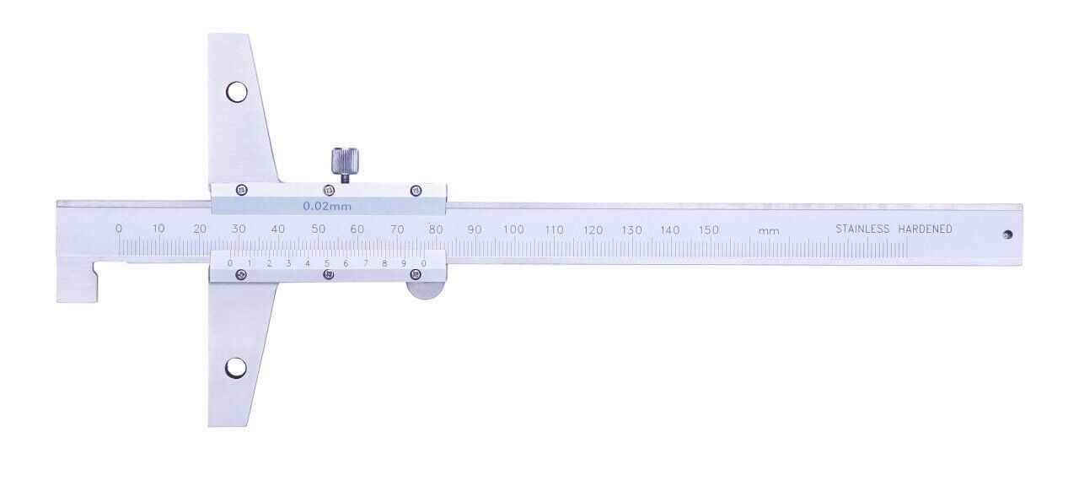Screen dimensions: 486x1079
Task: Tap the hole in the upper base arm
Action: [x=237, y=92]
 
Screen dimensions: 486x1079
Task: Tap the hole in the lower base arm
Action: [x=236, y=368]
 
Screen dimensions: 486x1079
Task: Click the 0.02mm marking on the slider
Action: [x=328, y=206]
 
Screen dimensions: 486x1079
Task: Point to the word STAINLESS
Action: [x=862, y=229]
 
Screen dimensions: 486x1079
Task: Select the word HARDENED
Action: [x=925, y=229]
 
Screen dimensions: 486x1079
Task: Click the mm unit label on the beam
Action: [x=767, y=230]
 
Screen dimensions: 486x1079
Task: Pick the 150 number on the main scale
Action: [x=709, y=229]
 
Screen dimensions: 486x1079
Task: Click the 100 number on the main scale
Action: [x=513, y=229]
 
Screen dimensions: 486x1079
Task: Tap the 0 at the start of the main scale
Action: [x=119, y=229]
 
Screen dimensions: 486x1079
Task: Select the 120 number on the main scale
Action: [x=593, y=229]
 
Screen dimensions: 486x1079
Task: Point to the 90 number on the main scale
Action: [x=475, y=229]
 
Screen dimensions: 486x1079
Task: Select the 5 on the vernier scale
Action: [x=327, y=263]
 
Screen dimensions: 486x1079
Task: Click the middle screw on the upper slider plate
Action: [x=329, y=191]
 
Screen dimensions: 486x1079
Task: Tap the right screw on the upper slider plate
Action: [x=415, y=191]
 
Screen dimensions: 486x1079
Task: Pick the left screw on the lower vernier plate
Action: [x=242, y=274]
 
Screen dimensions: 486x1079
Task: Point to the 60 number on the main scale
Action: [x=357, y=229]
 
